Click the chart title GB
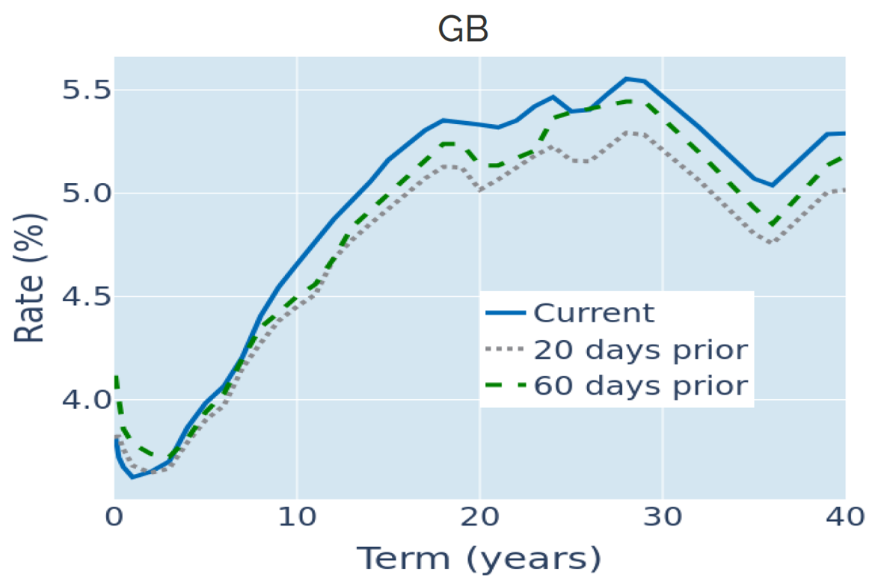click(x=462, y=31)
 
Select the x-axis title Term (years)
click(x=478, y=558)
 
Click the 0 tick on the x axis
click(x=114, y=516)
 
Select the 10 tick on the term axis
click(x=297, y=516)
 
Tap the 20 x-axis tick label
click(x=479, y=516)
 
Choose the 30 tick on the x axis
click(x=663, y=516)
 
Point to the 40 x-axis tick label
click(x=844, y=516)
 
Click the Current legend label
click(x=595, y=312)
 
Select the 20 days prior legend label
click(x=641, y=349)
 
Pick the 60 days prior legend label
click(x=641, y=386)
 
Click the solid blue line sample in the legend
click(x=505, y=312)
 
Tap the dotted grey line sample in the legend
click(x=505, y=349)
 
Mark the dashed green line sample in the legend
click(x=505, y=386)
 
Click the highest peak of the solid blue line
click(x=626, y=78)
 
